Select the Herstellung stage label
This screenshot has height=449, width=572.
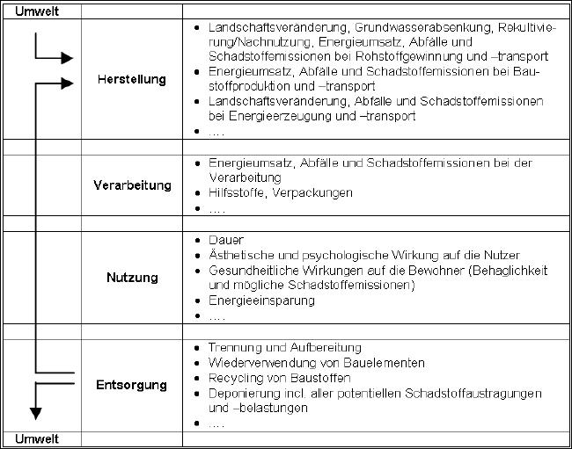click(131, 80)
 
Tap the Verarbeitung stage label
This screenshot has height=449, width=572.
click(131, 185)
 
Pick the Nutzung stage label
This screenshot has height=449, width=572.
click(132, 278)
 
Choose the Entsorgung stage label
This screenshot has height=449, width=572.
click(131, 386)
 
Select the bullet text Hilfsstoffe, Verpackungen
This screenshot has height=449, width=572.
click(280, 192)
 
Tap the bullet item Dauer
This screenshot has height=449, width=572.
click(226, 240)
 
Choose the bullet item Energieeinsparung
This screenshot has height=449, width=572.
click(261, 301)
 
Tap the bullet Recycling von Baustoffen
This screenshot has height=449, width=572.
click(278, 378)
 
